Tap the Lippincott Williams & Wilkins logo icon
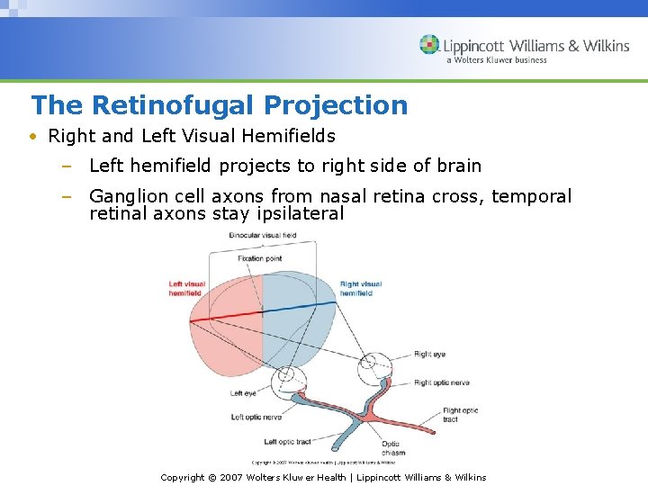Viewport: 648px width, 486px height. pyautogui.click(x=429, y=45)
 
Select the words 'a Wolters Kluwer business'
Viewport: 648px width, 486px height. pyautogui.click(x=496, y=60)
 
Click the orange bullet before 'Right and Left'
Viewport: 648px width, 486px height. pyautogui.click(x=32, y=137)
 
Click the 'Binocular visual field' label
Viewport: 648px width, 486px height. pyautogui.click(x=262, y=236)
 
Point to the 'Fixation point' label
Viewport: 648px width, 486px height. pyautogui.click(x=260, y=258)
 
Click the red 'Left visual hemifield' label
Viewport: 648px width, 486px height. pyautogui.click(x=187, y=289)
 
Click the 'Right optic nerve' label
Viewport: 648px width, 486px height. pyautogui.click(x=443, y=382)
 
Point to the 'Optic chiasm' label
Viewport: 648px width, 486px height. pyautogui.click(x=392, y=448)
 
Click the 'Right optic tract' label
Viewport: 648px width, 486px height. pyautogui.click(x=460, y=415)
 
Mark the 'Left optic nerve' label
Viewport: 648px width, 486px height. pyautogui.click(x=256, y=417)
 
